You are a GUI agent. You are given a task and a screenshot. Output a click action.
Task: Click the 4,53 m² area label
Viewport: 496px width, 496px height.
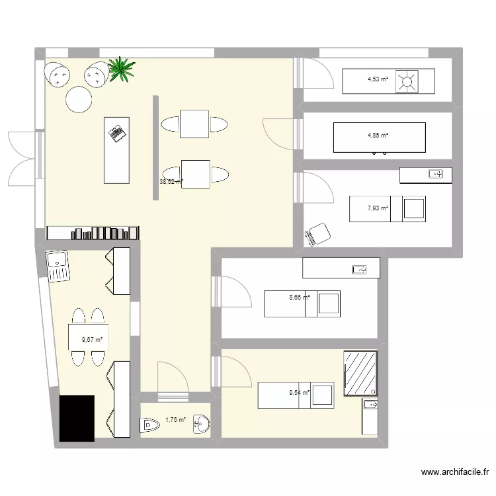378,81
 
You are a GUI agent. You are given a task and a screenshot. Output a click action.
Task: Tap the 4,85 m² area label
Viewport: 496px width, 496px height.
378,136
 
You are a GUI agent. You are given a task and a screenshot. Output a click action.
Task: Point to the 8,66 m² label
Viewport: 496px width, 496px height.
299,298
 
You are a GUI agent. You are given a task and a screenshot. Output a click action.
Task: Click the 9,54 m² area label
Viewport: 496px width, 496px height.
299,392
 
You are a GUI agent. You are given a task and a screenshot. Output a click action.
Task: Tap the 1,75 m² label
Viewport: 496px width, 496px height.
175,419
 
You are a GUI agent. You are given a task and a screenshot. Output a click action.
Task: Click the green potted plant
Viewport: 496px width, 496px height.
122,69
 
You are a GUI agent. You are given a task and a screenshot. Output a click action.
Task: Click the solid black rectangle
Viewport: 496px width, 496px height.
77,418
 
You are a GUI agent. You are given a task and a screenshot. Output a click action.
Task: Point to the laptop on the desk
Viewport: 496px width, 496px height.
118,132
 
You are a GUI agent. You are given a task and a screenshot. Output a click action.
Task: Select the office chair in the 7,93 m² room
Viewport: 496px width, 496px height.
319,233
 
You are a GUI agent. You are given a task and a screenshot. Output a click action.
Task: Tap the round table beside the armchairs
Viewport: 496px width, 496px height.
78,101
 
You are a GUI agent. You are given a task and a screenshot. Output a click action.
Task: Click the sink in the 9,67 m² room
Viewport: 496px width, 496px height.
58,266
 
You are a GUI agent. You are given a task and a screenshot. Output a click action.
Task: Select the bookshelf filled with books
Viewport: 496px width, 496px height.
94,232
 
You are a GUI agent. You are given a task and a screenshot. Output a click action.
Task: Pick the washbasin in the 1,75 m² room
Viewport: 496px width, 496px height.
203,425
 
